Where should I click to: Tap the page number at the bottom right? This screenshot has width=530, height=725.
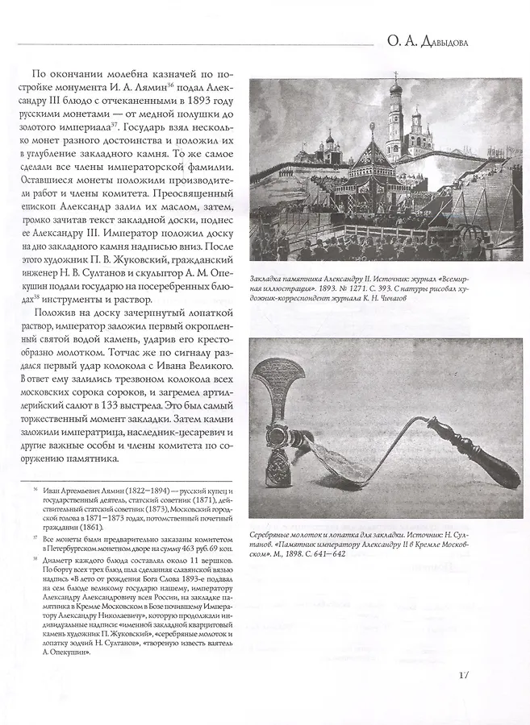[463, 676]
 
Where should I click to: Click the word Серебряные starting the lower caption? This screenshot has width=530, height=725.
[273, 533]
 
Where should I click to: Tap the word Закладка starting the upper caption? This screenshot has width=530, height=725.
[268, 275]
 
